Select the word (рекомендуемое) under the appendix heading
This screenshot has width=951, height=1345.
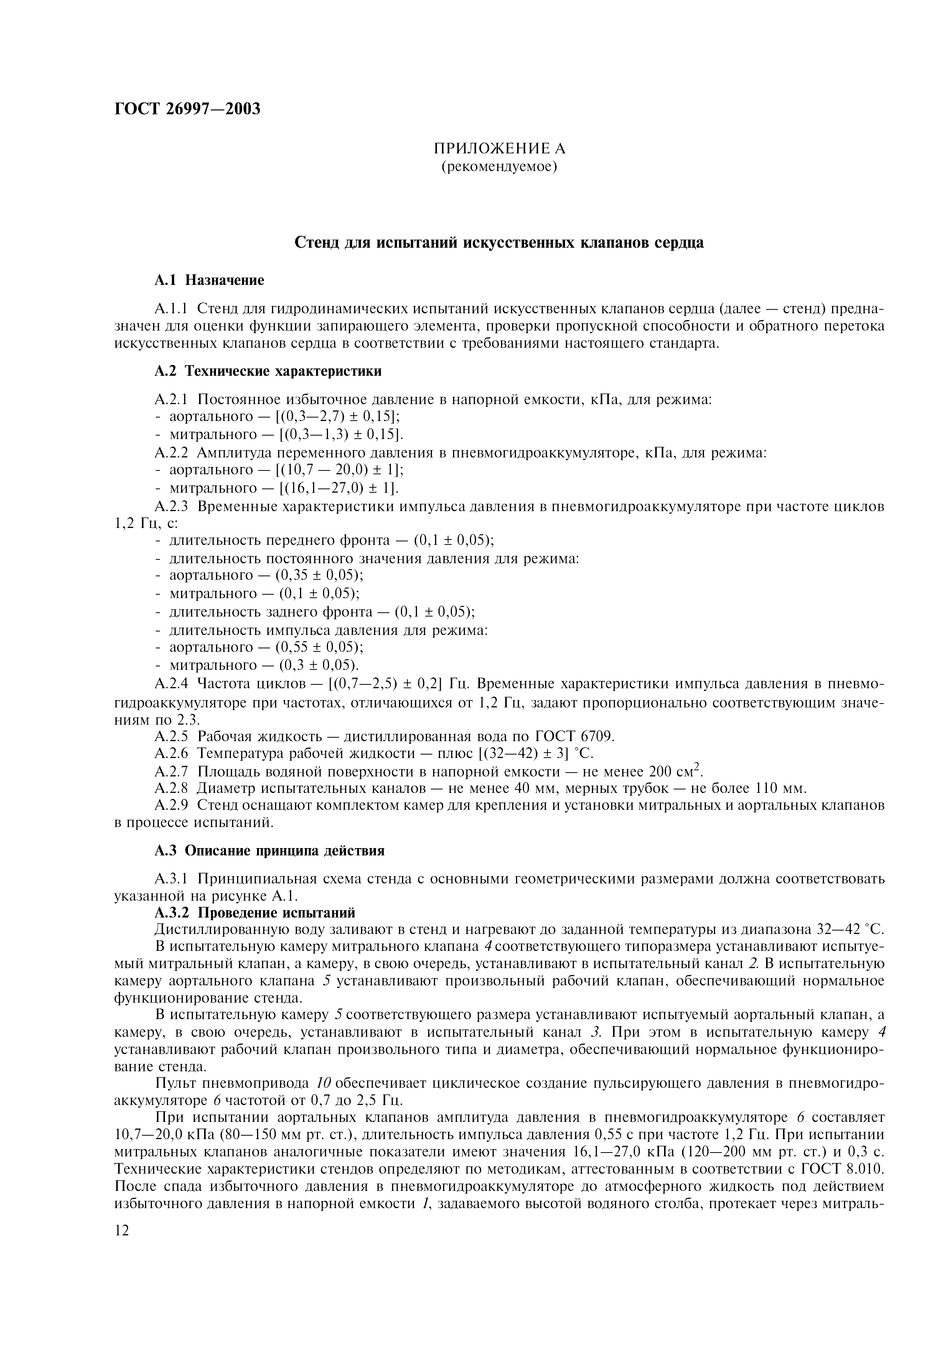(x=499, y=167)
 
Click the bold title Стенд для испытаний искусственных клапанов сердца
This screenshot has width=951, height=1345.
(x=499, y=243)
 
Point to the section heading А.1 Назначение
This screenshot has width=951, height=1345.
(x=209, y=281)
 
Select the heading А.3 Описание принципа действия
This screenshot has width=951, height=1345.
(x=270, y=850)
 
